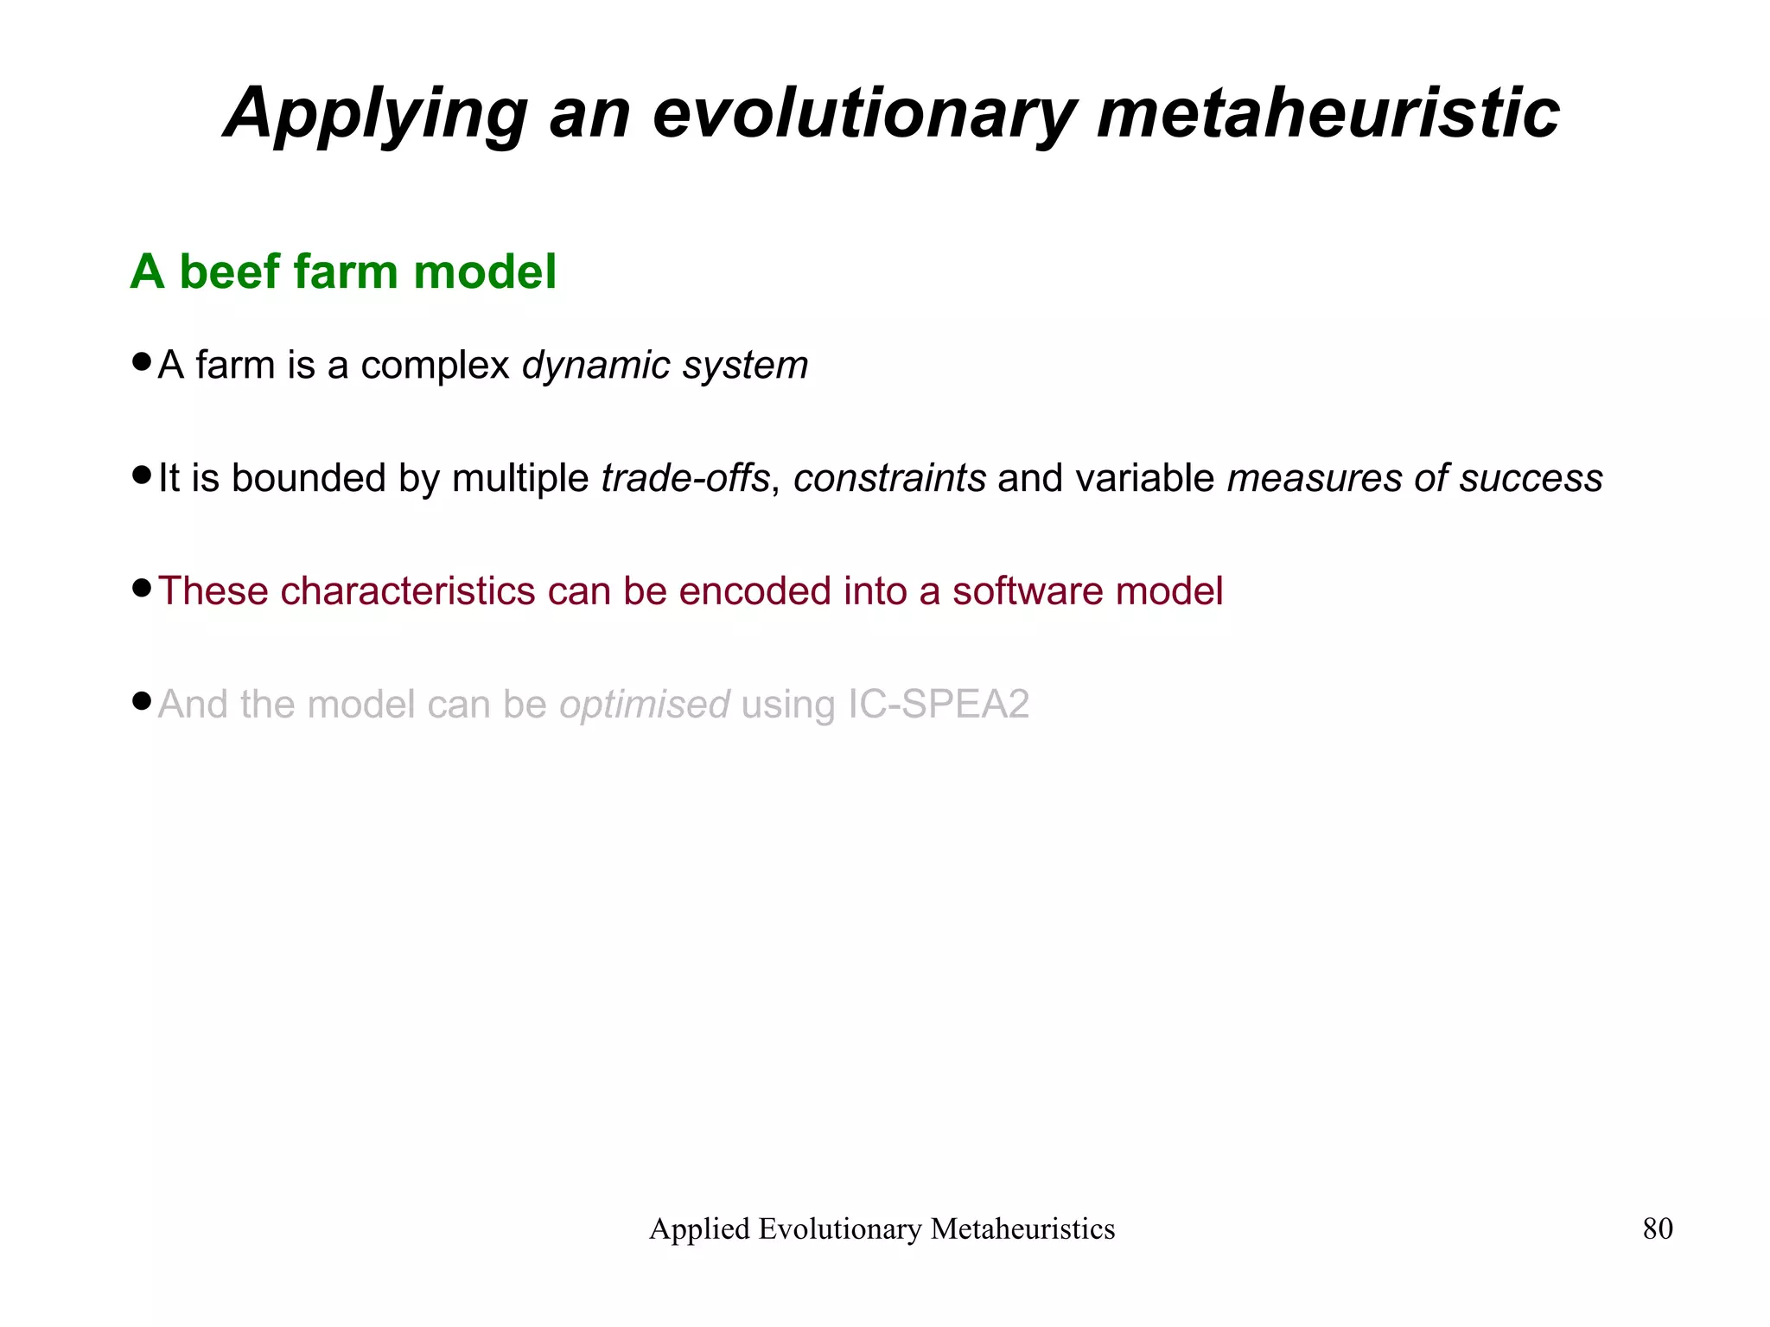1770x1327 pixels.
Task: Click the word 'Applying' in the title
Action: click(375, 115)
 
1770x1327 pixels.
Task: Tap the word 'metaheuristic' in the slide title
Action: click(1327, 113)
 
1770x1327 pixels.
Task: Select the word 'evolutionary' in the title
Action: click(863, 115)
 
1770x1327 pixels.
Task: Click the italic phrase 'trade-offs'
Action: click(684, 478)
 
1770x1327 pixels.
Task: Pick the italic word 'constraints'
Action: click(889, 478)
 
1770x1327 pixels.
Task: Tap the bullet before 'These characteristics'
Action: click(142, 589)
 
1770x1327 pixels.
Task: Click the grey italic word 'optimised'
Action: click(644, 705)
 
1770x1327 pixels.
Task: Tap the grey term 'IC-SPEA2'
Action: click(938, 704)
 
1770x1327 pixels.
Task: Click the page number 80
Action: click(1657, 1228)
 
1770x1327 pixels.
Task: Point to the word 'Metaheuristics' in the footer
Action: click(1022, 1228)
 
